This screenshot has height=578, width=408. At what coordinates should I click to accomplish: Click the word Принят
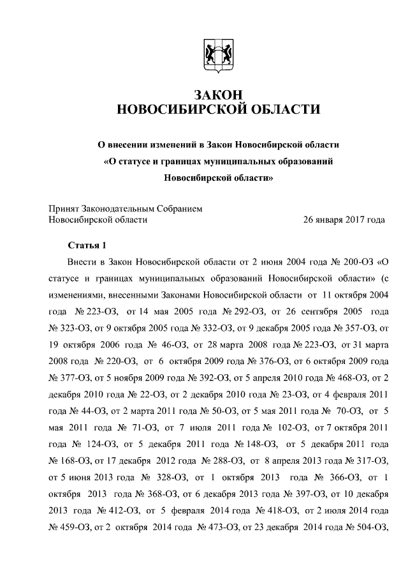coord(64,208)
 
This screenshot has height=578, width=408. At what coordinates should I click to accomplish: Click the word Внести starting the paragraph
coord(82,262)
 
